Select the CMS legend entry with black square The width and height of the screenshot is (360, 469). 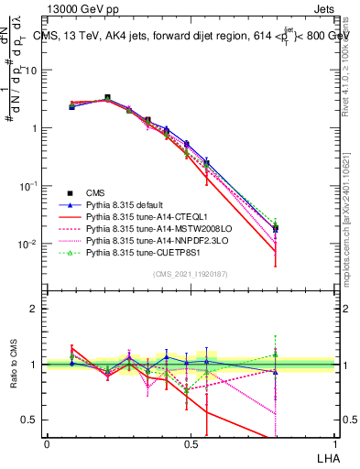(x=97, y=193)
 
